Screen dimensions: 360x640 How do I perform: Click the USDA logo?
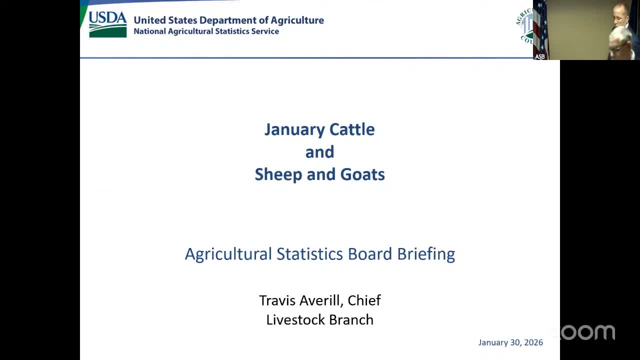[x=107, y=24]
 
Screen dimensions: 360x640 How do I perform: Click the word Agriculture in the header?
[x=297, y=20]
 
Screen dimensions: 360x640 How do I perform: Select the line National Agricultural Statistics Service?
[x=206, y=31]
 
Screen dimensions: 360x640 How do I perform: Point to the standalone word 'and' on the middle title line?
[x=319, y=152]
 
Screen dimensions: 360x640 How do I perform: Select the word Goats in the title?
[x=362, y=174]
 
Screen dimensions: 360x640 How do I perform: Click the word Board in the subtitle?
[x=370, y=254]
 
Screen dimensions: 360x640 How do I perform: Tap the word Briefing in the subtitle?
[x=426, y=254]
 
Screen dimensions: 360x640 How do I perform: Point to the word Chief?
[x=364, y=300]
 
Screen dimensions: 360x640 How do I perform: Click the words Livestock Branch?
[x=319, y=320]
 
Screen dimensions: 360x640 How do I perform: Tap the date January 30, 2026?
[x=510, y=342]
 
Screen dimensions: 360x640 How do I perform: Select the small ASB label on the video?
[x=540, y=56]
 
